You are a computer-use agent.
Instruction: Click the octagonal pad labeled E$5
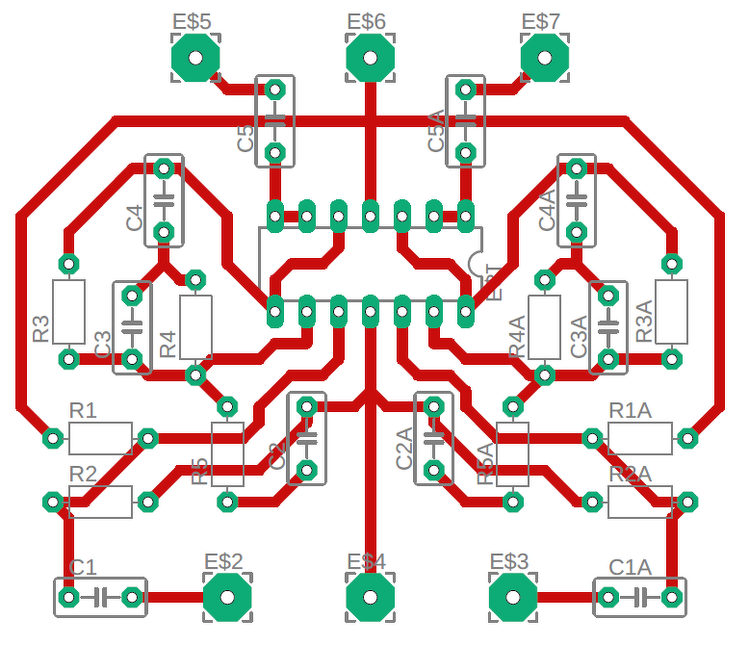point(195,58)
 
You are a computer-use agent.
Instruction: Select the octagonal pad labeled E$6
point(370,58)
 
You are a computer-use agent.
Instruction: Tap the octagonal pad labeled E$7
point(544,58)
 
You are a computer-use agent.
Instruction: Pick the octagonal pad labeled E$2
point(227,598)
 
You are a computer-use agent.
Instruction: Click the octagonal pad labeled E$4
point(370,598)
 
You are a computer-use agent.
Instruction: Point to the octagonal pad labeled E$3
point(512,598)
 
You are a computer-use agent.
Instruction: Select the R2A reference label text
point(631,474)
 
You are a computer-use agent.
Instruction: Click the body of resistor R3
point(68,311)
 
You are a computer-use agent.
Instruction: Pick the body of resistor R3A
point(671,311)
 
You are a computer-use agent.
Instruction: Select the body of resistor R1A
point(639,439)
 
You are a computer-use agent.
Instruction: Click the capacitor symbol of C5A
point(466,120)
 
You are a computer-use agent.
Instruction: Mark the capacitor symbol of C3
point(132,327)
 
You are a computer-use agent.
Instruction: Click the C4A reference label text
point(547,210)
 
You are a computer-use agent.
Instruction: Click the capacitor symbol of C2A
point(434,438)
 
